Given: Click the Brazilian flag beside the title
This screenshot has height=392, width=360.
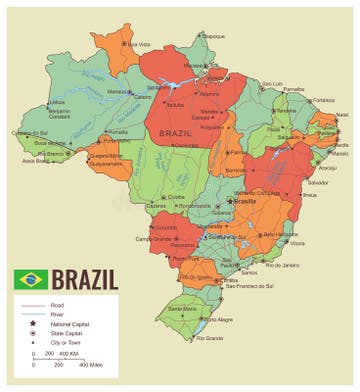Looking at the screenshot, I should [29, 277].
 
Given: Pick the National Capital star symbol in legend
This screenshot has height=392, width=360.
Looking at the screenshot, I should [32, 323].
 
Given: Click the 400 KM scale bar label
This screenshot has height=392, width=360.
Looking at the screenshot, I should [68, 354].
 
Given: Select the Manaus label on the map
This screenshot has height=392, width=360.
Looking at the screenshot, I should [120, 91].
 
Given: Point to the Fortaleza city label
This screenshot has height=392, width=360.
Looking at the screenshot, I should [323, 100].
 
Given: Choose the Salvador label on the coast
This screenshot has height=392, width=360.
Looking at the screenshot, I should [318, 183].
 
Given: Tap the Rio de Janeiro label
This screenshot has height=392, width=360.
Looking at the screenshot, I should [285, 265].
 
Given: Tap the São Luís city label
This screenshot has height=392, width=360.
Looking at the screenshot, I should [273, 83].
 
